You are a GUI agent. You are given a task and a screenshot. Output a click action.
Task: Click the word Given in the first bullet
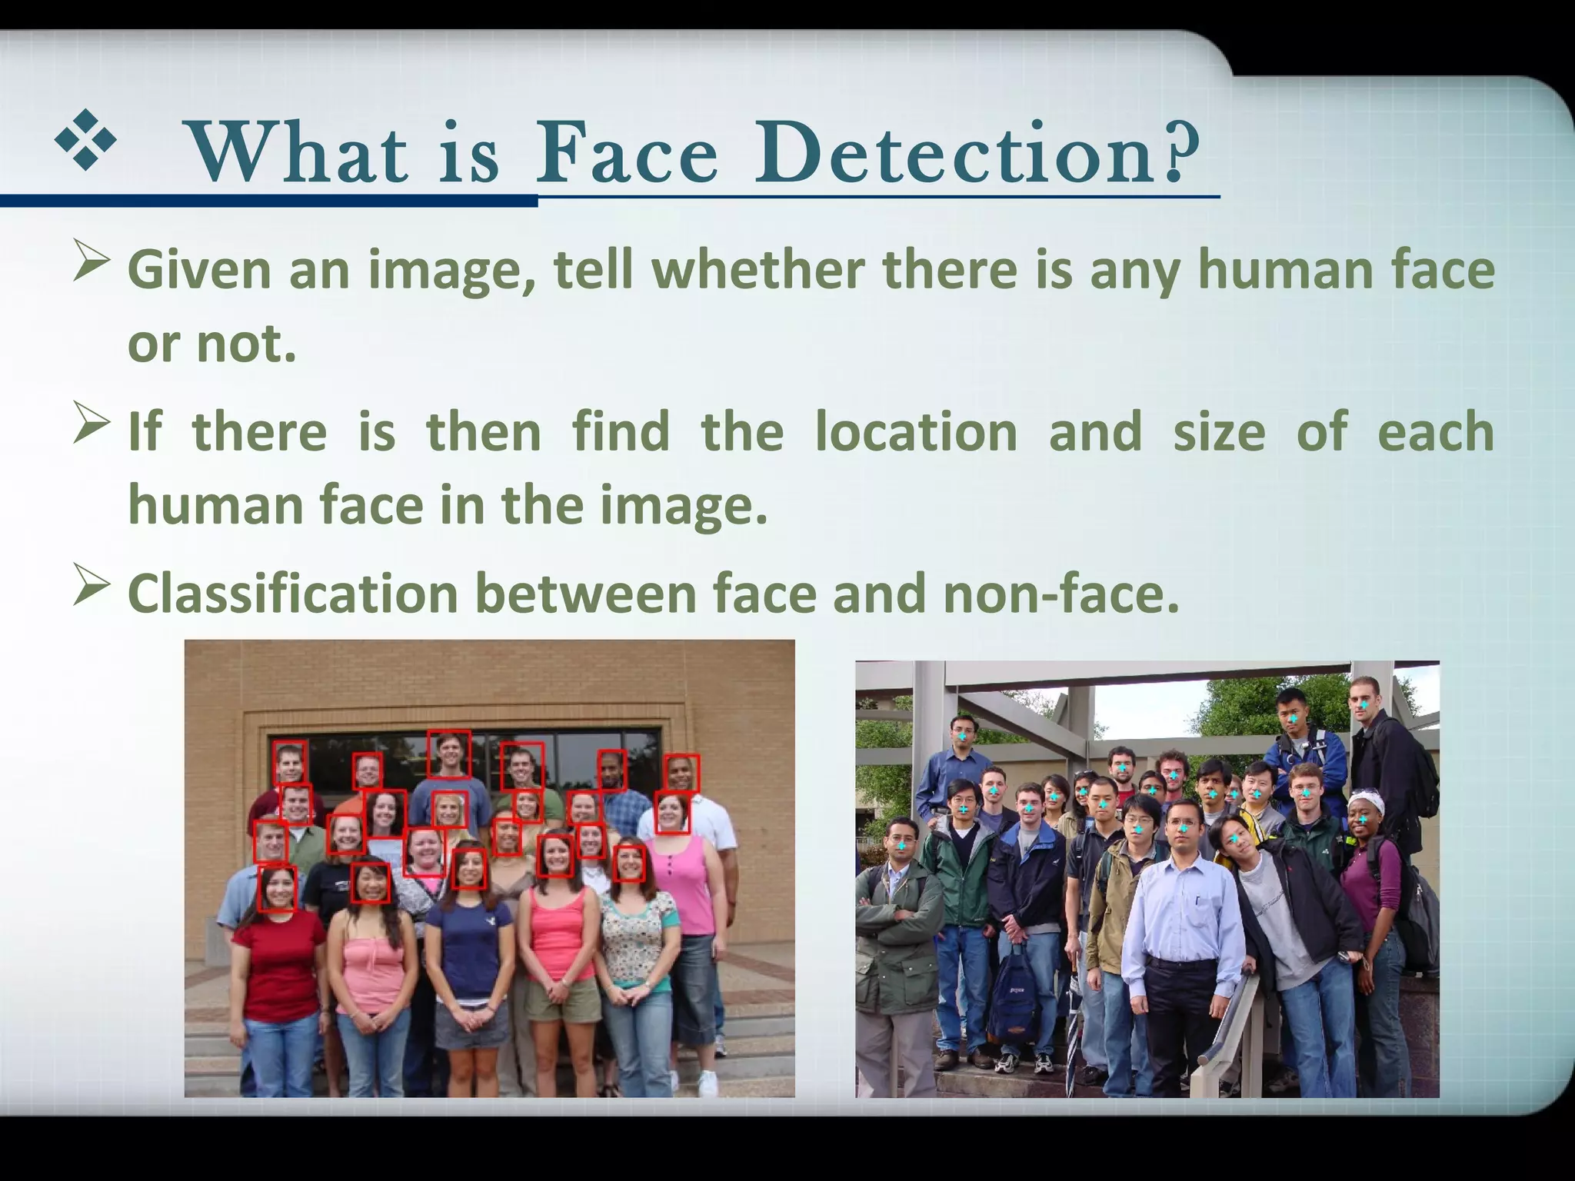pos(199,270)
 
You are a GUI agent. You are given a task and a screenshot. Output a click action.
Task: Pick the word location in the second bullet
pos(915,431)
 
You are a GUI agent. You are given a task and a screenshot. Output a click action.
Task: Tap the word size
pos(1219,431)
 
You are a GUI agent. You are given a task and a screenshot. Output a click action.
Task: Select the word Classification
pos(293,593)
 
